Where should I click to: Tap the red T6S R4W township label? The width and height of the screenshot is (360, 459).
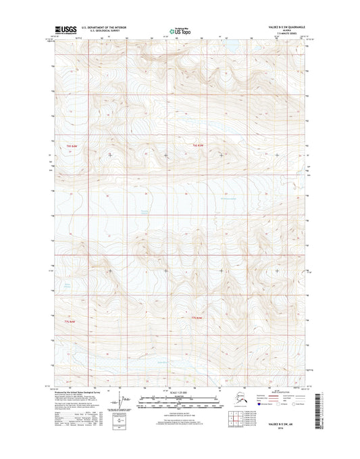[x=72, y=146]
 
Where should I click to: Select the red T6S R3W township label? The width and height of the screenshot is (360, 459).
[x=196, y=146]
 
